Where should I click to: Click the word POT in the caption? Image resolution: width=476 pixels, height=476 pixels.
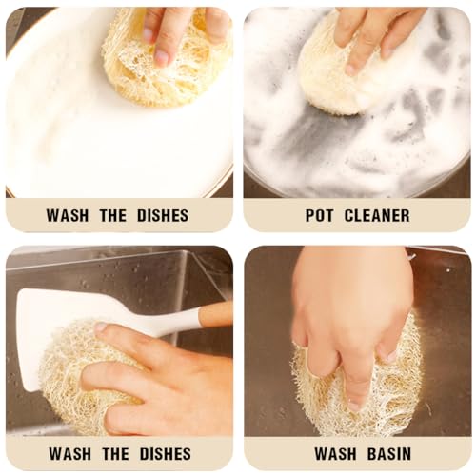pos(319,215)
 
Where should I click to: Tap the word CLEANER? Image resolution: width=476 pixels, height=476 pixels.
pos(377,215)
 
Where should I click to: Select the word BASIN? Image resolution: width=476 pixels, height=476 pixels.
pos(389,454)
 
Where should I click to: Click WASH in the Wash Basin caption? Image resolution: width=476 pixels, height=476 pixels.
pos(335,454)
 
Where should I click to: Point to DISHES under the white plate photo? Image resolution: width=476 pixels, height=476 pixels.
pos(163,215)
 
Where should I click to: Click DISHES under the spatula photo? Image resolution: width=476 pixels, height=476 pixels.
pos(166,454)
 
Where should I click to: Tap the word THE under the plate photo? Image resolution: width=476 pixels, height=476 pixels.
pos(113,215)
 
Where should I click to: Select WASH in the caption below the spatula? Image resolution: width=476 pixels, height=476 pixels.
pos(69,454)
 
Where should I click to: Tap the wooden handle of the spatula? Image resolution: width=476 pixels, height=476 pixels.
pos(216,313)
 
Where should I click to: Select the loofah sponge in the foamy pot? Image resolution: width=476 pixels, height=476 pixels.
pos(333,79)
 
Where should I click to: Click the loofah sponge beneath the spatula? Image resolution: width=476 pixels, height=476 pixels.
pos(73,374)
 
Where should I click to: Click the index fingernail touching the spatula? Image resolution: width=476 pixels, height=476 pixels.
pos(101,327)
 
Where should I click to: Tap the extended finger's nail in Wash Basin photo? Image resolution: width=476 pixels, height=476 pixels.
pos(354,406)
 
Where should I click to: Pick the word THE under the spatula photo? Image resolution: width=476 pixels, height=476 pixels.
pos(115,454)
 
